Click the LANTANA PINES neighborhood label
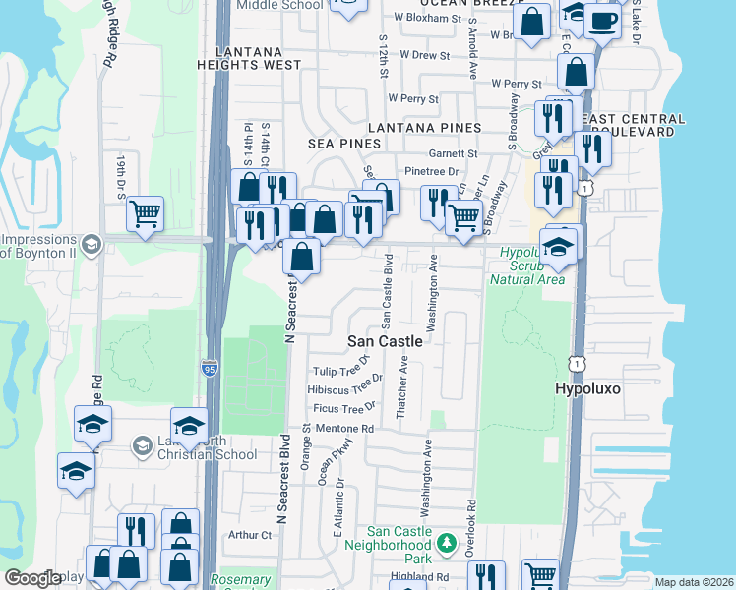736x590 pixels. [424, 128]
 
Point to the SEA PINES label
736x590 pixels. [344, 144]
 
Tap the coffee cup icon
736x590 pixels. [602, 20]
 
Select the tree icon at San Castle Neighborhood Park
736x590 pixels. [446, 543]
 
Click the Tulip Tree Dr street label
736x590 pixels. [339, 371]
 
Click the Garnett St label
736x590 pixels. [453, 153]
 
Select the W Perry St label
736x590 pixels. [413, 98]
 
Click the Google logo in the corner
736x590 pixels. [32, 578]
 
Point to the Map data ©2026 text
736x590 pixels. [694, 582]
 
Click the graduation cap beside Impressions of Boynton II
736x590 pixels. [91, 244]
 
